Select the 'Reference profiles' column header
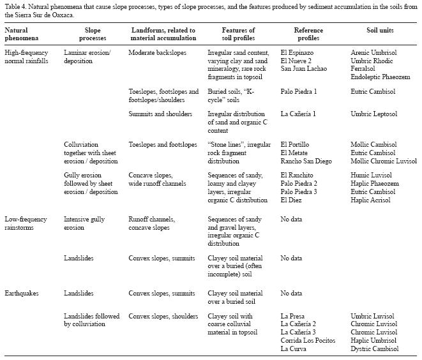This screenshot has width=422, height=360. [x=308, y=34]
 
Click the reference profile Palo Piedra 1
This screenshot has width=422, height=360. [x=299, y=92]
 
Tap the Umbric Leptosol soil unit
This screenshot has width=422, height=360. [x=374, y=114]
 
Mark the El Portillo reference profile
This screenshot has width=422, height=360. [x=296, y=145]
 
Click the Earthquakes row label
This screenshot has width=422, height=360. [x=22, y=294]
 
